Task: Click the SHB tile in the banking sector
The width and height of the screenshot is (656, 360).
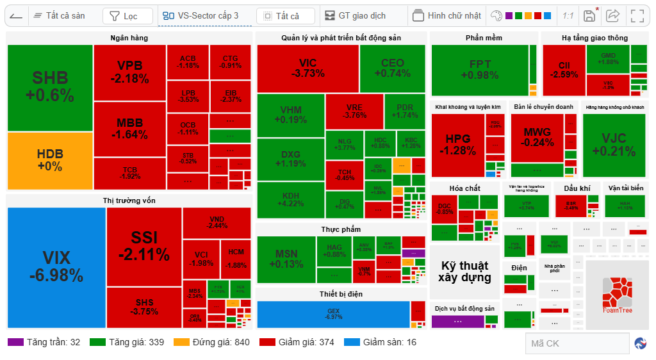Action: click(x=50, y=87)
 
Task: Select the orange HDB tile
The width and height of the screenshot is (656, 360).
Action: click(x=50, y=160)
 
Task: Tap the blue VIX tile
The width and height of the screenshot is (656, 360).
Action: click(x=56, y=266)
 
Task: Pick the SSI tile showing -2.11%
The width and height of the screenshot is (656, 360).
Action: click(x=144, y=246)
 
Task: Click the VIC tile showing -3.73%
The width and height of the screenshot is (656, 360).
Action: click(x=307, y=69)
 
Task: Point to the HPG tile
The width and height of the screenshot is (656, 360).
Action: click(x=457, y=145)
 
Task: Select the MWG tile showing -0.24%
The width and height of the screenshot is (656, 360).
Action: click(x=537, y=138)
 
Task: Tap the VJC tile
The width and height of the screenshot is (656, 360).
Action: click(x=614, y=145)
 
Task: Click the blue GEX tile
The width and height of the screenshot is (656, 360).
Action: click(x=333, y=314)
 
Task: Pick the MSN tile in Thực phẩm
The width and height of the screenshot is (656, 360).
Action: click(x=286, y=259)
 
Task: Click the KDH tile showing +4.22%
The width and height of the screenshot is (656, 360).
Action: click(x=291, y=199)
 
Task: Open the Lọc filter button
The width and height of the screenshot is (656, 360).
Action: click(x=127, y=16)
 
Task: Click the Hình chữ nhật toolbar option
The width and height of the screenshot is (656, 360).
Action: click(x=446, y=16)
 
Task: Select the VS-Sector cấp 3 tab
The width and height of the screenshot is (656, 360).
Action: click(x=201, y=16)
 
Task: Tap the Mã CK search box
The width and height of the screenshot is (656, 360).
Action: click(x=577, y=343)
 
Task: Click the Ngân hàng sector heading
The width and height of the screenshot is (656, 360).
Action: click(x=129, y=38)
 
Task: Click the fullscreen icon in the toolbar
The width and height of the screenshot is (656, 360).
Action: click(x=637, y=16)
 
